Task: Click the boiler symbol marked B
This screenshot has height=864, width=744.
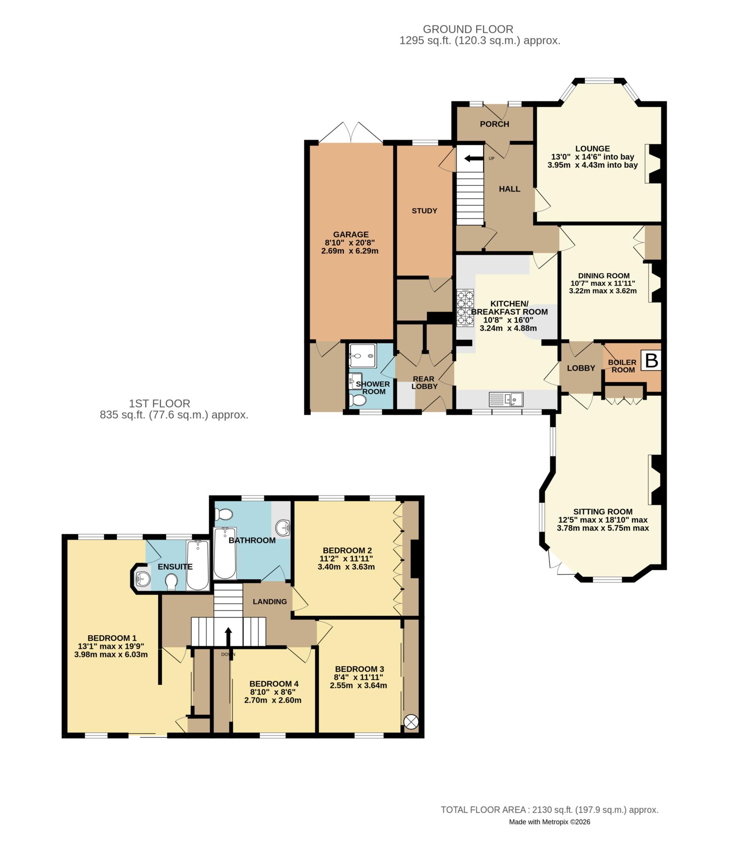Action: [651, 361]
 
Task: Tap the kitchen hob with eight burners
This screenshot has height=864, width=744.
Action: [466, 308]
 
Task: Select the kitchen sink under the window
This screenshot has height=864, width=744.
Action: [506, 399]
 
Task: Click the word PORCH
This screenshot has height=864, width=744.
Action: [494, 124]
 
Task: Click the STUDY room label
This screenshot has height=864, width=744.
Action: [424, 211]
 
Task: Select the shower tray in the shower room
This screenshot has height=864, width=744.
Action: [361, 356]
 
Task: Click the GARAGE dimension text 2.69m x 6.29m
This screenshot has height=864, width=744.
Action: [350, 251]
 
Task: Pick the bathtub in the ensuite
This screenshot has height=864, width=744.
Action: [197, 565]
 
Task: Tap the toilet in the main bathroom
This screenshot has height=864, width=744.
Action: [224, 515]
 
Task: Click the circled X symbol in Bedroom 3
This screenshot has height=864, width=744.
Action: [410, 722]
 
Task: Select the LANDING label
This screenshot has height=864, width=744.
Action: [270, 602]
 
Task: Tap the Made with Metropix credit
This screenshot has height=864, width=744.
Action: [549, 822]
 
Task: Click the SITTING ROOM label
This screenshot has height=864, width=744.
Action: [603, 512]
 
